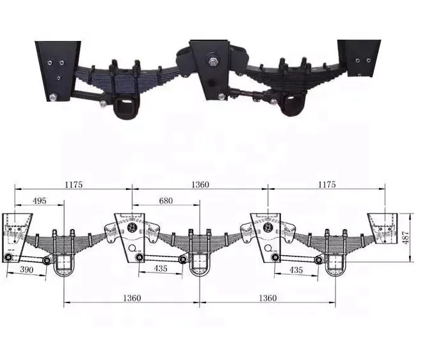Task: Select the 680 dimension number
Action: point(165,201)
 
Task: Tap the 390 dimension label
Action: point(27,270)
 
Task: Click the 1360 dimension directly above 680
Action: point(199,185)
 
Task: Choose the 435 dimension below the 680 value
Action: point(160,269)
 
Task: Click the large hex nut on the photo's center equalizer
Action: point(211,62)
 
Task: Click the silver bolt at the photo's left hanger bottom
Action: point(51,98)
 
